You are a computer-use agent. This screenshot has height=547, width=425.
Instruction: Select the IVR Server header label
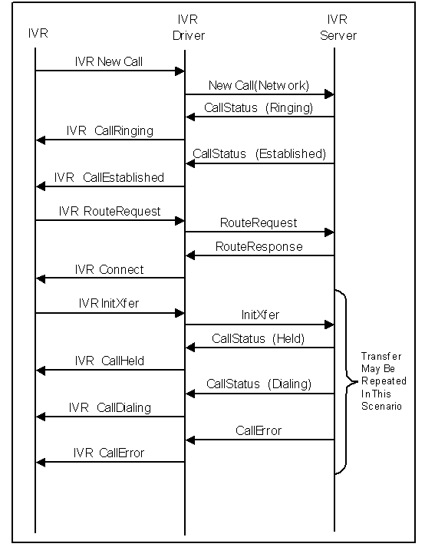[x=337, y=27]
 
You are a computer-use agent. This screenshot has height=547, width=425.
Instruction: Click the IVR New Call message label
[x=108, y=61]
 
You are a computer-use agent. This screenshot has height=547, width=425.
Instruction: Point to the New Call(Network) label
[x=259, y=85]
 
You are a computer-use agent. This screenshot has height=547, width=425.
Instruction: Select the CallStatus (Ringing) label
[x=259, y=107]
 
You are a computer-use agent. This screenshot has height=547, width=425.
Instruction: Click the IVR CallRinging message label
[x=110, y=130]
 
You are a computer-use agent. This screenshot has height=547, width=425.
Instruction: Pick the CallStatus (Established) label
[x=259, y=153]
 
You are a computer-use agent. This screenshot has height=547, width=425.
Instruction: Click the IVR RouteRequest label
[x=110, y=211]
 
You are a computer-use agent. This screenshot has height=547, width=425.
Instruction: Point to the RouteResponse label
[x=259, y=246]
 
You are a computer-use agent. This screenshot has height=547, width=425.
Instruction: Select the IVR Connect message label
[x=109, y=269]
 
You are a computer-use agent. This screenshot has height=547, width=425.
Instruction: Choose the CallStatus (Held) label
[x=259, y=338]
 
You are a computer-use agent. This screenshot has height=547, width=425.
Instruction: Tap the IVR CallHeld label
[x=110, y=361]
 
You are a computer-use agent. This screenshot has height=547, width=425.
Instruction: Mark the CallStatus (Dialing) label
[x=259, y=384]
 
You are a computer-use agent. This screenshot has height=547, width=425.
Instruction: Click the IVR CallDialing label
[x=110, y=407]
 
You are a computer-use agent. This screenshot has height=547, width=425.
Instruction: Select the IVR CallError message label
[x=109, y=453]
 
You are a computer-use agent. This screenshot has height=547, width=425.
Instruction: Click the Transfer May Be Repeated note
[x=384, y=381]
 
